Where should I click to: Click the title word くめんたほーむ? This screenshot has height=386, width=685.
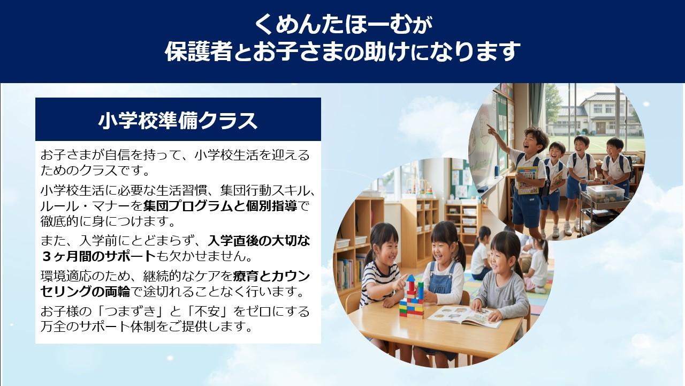point(333,25)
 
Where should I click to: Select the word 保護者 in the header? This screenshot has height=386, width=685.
point(199,51)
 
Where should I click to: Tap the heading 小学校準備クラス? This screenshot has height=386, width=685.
point(178,121)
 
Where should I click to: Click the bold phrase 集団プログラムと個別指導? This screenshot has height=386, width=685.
point(220,206)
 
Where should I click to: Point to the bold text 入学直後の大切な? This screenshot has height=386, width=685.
point(258,241)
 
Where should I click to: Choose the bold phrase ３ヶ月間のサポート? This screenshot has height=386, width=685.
point(98,256)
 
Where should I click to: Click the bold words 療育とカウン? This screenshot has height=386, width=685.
point(271,276)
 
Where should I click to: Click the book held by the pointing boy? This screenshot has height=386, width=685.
point(527,180)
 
